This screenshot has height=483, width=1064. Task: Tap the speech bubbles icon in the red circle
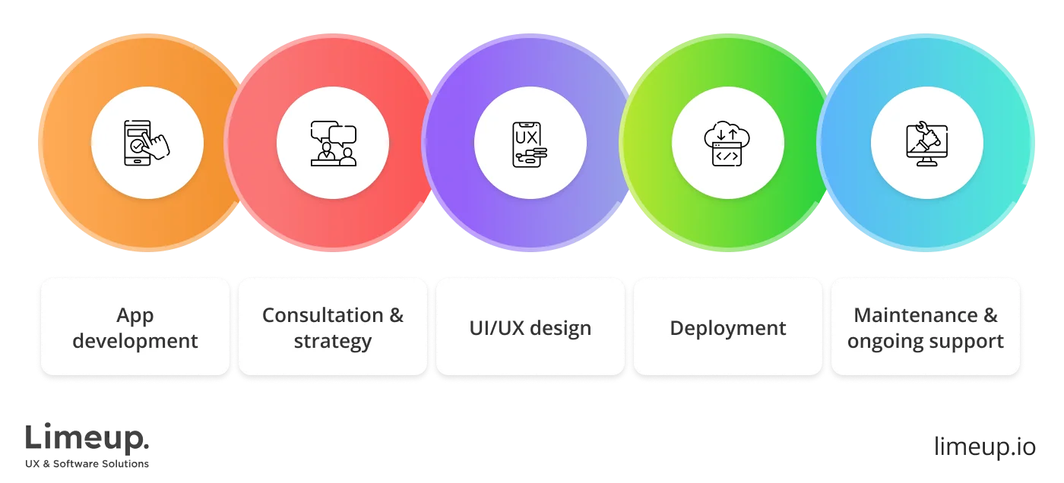[x=333, y=143]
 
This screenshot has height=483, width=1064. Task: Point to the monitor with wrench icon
[x=926, y=143]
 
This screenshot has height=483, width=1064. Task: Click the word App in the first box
[x=135, y=315]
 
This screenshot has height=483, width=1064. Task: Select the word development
[x=135, y=341]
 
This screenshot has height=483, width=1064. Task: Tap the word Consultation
[x=322, y=315]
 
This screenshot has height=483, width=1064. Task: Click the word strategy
[x=333, y=341]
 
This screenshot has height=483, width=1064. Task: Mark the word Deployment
[x=727, y=328]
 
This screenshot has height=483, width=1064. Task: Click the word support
[x=971, y=341]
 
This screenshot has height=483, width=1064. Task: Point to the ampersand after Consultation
[x=396, y=315]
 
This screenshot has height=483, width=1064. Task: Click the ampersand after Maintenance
[x=990, y=315]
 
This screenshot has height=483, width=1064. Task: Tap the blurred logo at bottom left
[x=87, y=444]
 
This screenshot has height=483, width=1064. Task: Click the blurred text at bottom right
[x=983, y=444]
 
